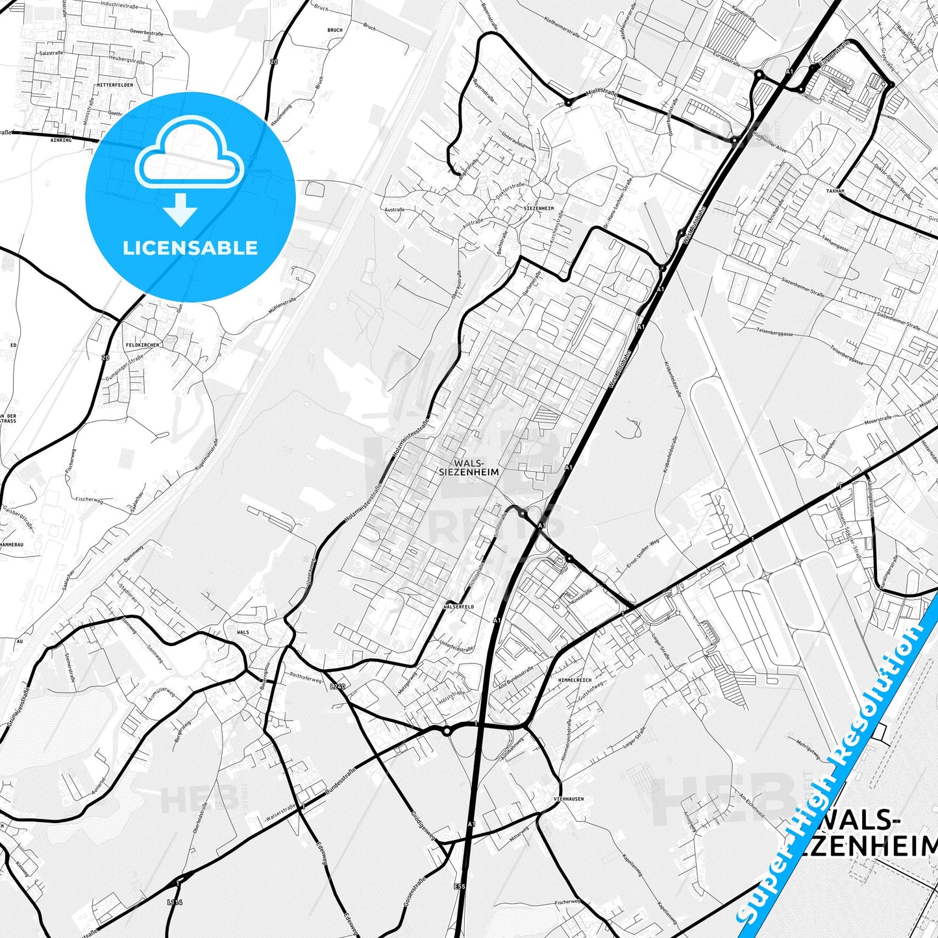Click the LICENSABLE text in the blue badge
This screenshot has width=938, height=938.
190,248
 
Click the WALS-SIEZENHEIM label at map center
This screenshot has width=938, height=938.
469,467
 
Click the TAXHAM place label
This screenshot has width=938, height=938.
835,191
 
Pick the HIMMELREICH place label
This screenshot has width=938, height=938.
574,680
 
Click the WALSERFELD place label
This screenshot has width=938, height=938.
458,607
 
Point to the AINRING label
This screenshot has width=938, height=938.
61,140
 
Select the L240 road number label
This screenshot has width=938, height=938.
338,686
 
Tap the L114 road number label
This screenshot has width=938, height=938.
175,902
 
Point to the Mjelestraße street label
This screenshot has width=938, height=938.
602,93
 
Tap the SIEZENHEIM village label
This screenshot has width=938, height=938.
538,208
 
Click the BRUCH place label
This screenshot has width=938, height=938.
334,31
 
